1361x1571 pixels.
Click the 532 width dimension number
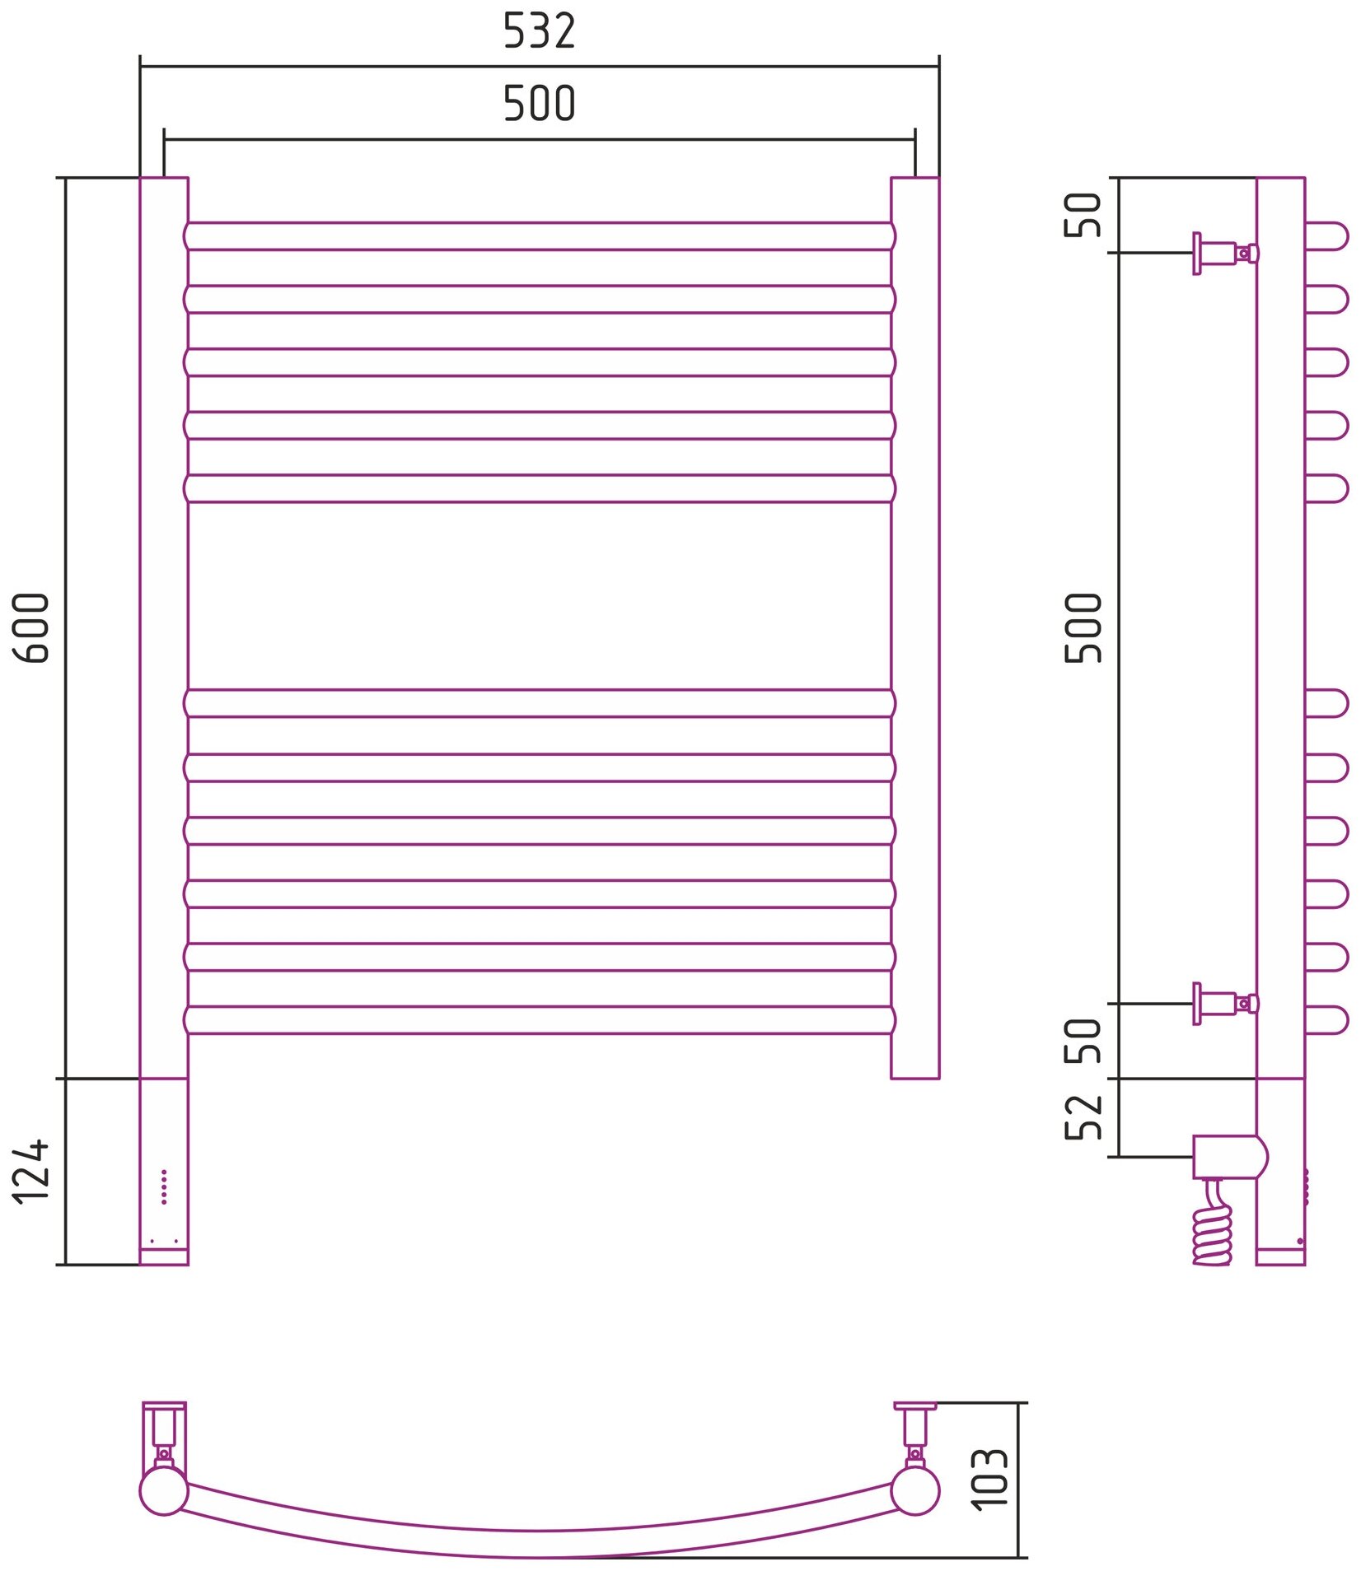pos(539,31)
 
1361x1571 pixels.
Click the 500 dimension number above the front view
pos(539,104)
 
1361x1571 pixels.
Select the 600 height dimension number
pos(32,627)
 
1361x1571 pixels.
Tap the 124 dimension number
pos(32,1172)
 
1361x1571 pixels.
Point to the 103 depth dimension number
pos(989,1479)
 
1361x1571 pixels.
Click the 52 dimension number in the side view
pos(1083,1116)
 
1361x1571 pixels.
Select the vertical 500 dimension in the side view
pos(1083,627)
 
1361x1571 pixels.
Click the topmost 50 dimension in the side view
pos(1083,215)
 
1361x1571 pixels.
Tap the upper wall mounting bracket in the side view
pos(1224,253)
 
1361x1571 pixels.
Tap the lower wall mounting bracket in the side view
pos(1224,1003)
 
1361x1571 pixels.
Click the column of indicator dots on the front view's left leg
pos(164,1186)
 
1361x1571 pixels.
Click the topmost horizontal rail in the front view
pos(539,236)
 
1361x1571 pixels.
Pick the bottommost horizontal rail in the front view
pos(539,1019)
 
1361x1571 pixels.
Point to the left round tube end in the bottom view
pos(163,1491)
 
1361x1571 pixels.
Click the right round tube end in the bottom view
pos(914,1491)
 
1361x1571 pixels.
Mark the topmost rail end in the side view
pos(1326,236)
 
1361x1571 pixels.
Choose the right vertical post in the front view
pos(914,627)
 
